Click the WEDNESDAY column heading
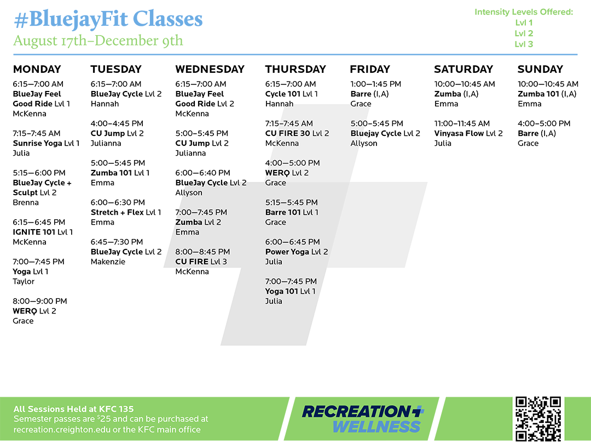[x=210, y=69]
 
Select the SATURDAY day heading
[x=463, y=69]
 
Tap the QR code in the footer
[x=538, y=419]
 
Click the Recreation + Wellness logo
[x=363, y=419]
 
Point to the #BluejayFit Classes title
[x=108, y=19]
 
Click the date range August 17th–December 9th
[x=98, y=41]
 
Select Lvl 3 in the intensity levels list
[x=524, y=44]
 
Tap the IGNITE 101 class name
[x=34, y=232]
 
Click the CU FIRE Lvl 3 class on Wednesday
[x=201, y=261]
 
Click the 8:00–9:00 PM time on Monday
[x=40, y=301]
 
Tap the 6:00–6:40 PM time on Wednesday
[x=203, y=173]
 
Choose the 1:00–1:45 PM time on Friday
[x=376, y=84]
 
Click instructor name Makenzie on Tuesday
[x=108, y=261]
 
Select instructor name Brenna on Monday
[x=26, y=202]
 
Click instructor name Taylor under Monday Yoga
[x=24, y=282]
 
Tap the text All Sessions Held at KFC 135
[x=73, y=409]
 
